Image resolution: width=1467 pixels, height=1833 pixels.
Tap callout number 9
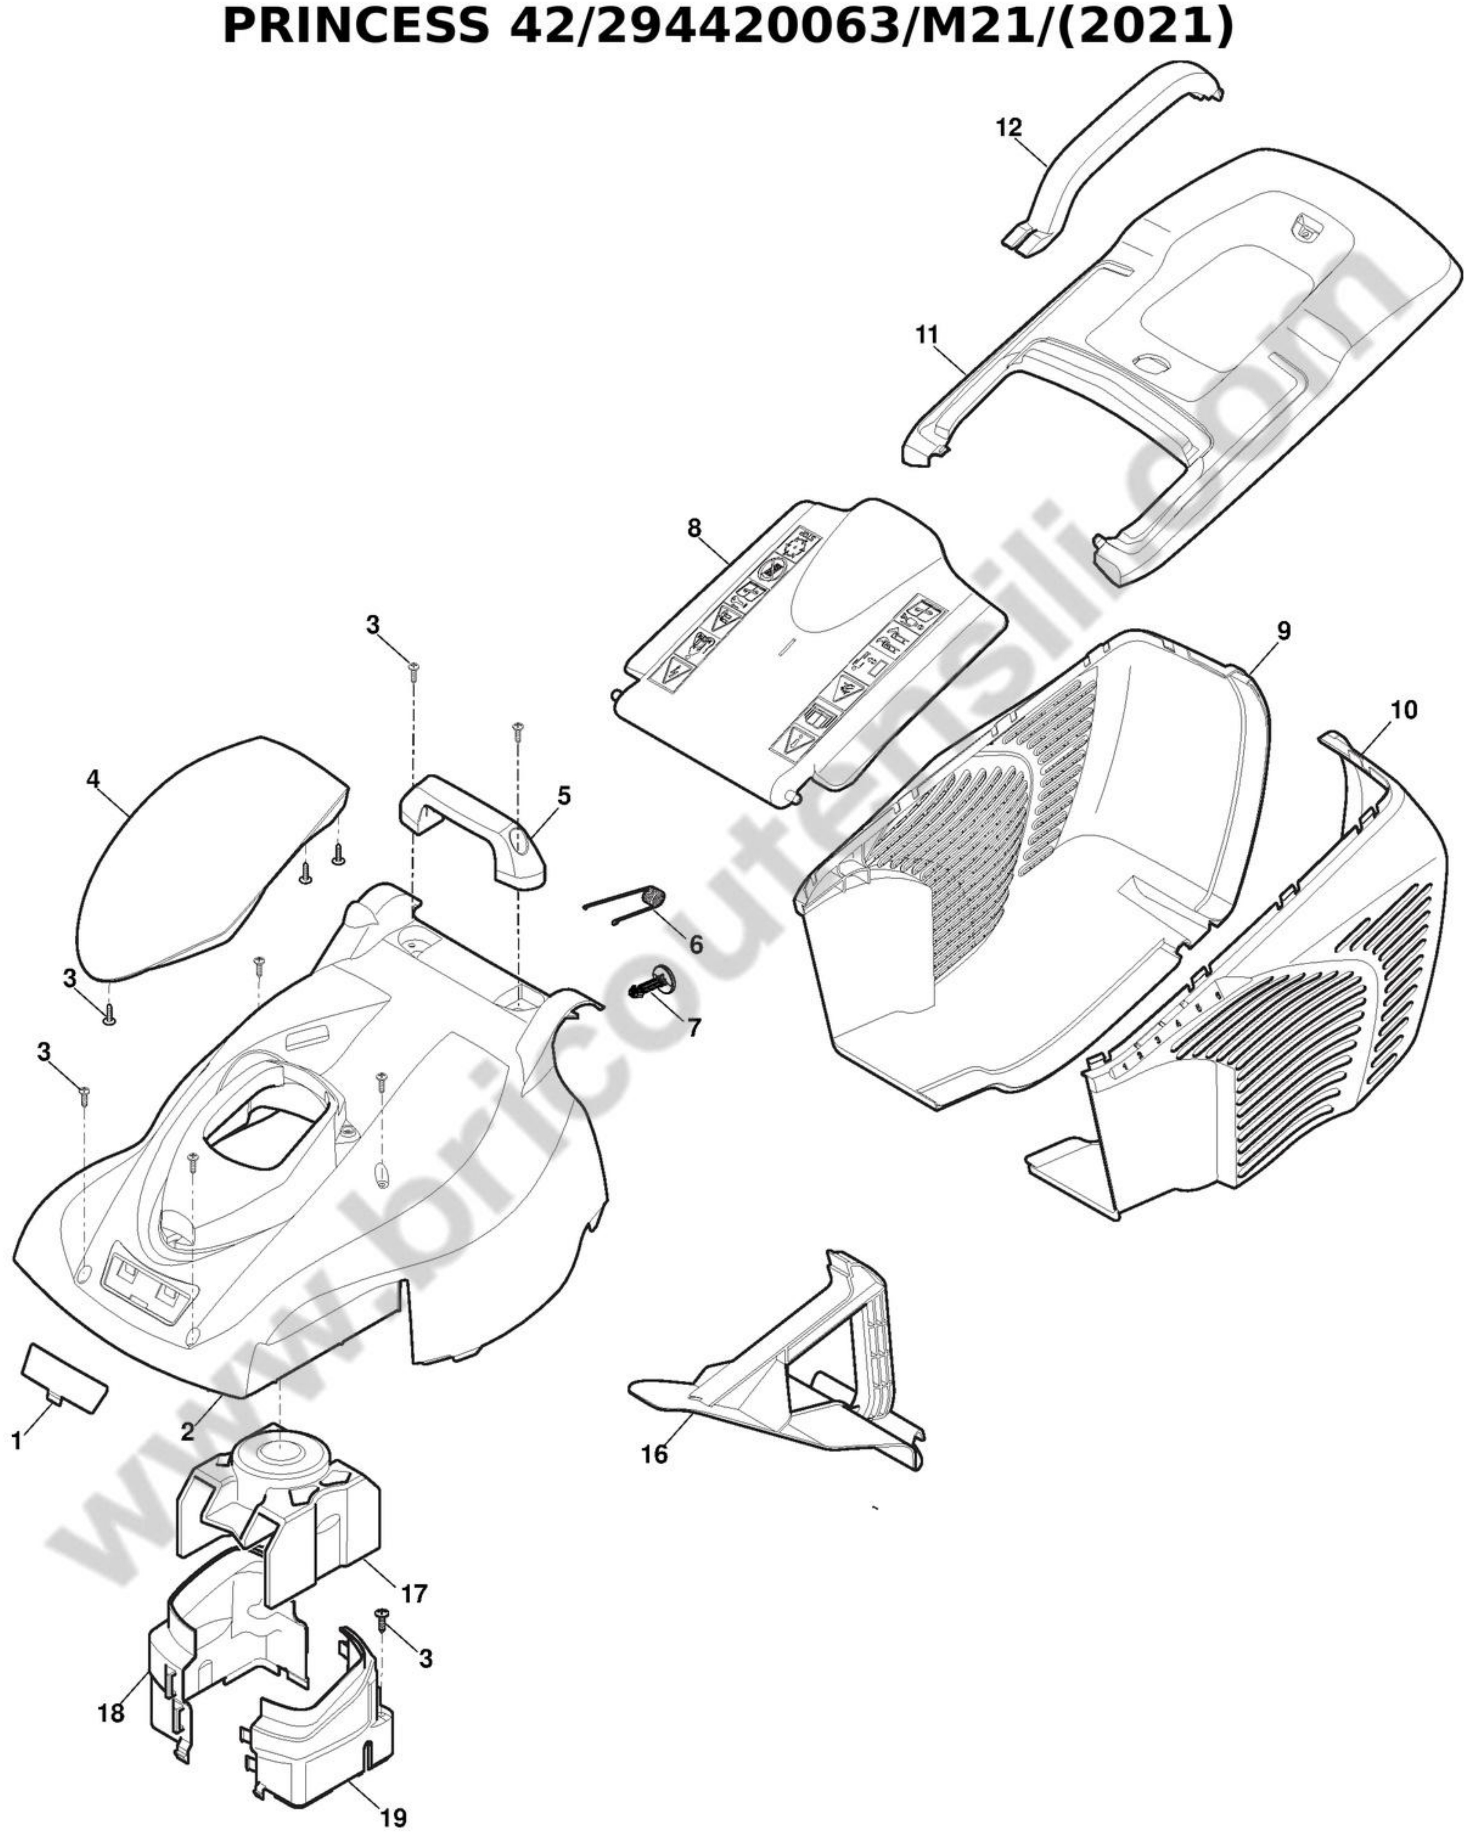[x=1283, y=631]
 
